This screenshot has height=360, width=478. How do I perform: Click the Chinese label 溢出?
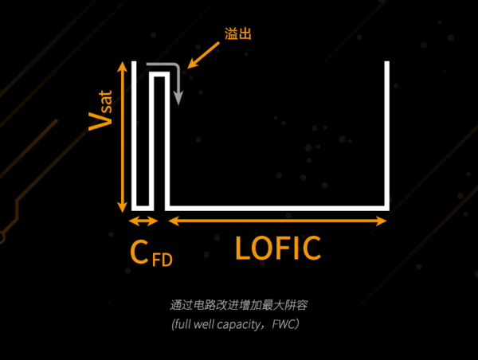pos(240,36)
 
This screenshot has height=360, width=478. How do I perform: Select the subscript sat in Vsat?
pos(105,100)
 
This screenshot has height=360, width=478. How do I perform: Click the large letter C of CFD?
pos(140,252)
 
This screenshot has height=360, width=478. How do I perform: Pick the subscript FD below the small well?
pos(163,260)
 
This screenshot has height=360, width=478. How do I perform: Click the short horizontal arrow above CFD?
pos(144,221)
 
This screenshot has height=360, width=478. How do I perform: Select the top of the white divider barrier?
pos(159,75)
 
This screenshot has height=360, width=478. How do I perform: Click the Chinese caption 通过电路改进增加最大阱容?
pos(238,305)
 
